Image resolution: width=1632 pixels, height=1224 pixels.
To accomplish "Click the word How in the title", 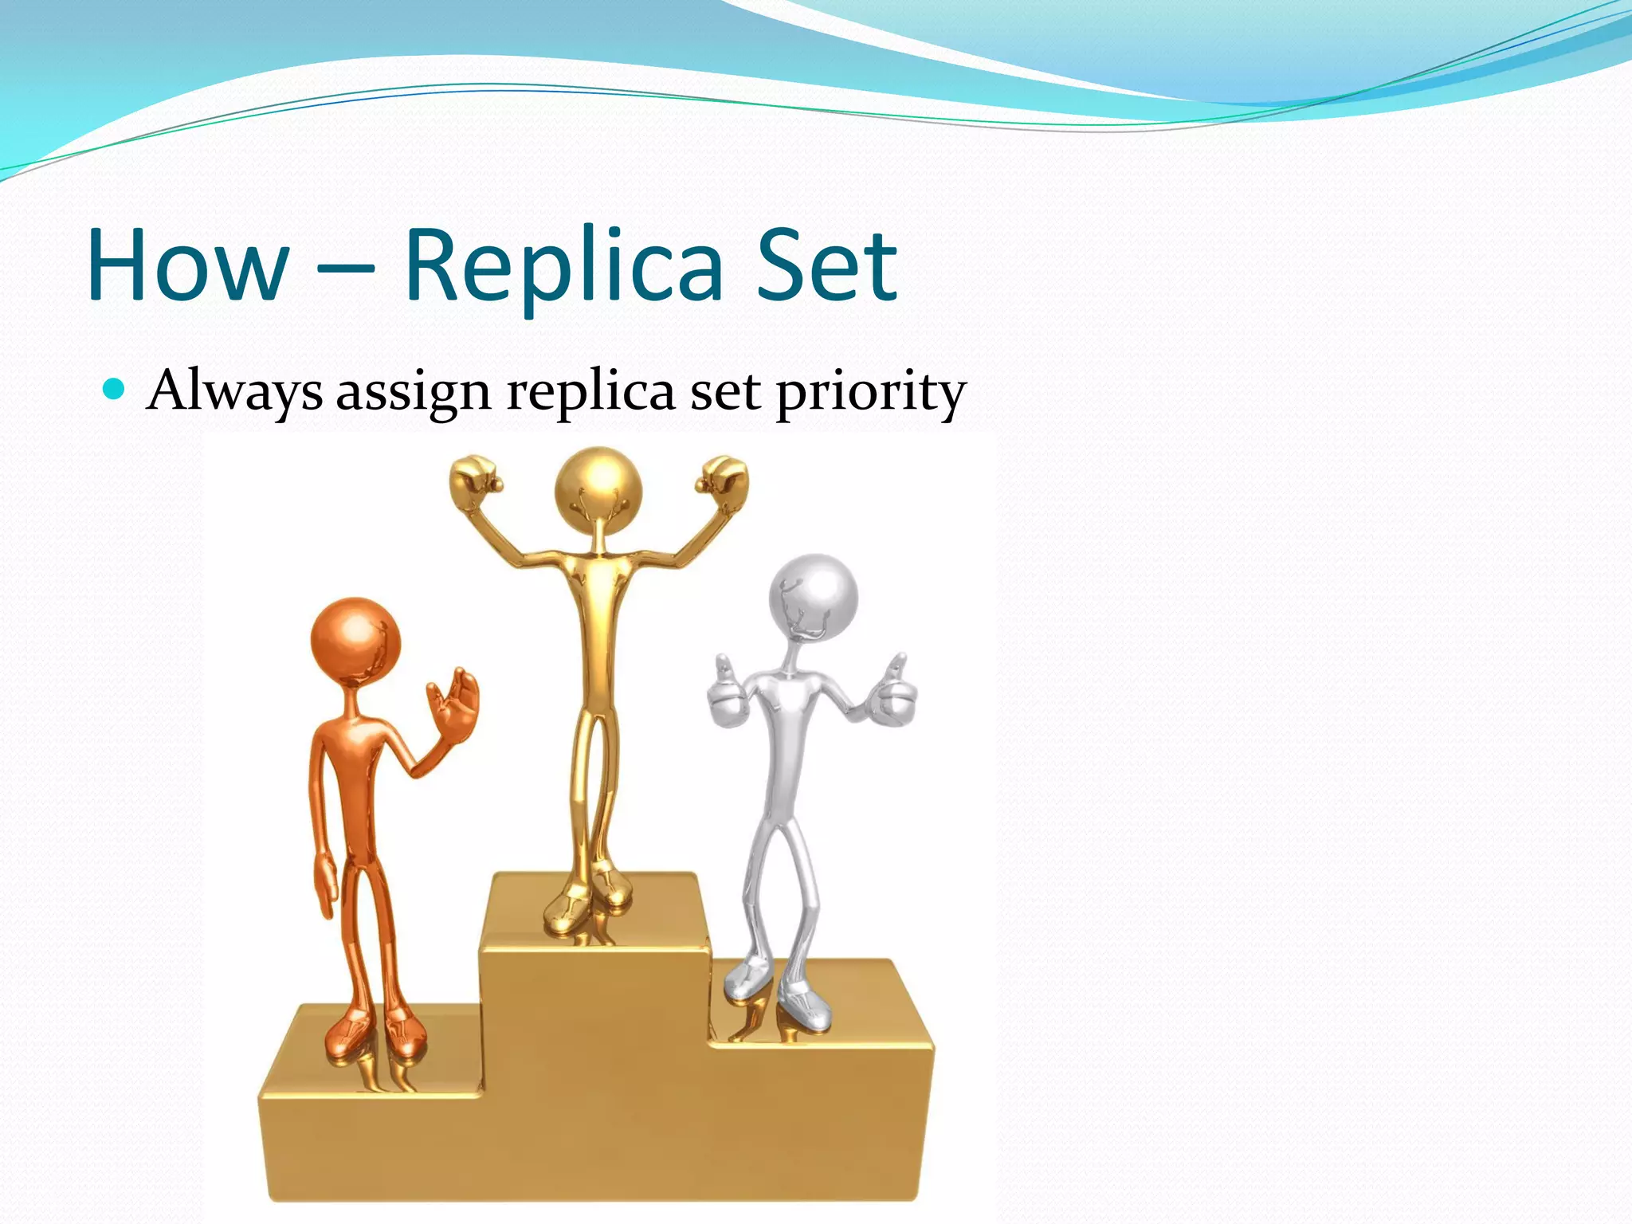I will [188, 265].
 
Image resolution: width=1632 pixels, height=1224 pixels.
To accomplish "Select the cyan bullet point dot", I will [115, 389].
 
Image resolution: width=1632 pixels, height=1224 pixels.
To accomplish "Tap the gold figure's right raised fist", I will [722, 476].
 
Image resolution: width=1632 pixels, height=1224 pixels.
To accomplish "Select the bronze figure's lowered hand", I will [324, 885].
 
